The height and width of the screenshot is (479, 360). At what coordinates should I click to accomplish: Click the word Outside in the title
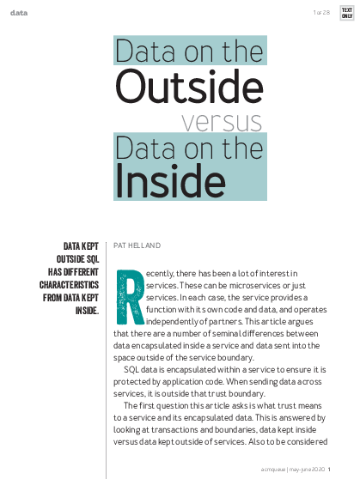coord(189,86)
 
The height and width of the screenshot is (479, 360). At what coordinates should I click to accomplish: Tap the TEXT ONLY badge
coord(346,12)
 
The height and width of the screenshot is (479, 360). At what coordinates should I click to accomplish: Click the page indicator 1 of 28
coord(321,12)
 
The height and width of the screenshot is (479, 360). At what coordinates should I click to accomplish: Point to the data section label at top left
coord(18,12)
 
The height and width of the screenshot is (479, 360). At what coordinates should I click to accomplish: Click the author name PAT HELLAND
coord(137,246)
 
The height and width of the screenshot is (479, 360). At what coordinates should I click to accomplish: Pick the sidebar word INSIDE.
coord(87,310)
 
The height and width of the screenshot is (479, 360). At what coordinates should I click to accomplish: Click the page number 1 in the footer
coord(341,470)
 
